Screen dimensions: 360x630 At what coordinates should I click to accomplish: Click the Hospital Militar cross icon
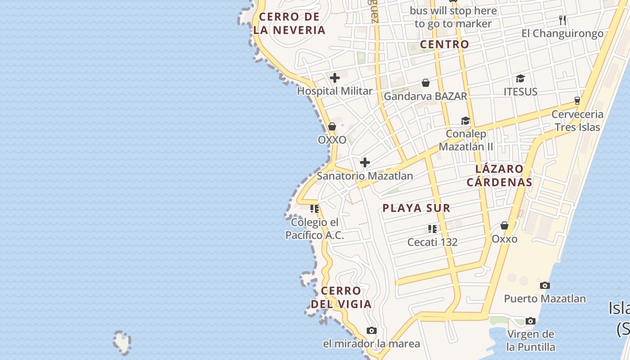pos(334,78)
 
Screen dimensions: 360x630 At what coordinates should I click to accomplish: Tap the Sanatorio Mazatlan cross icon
pos(365,162)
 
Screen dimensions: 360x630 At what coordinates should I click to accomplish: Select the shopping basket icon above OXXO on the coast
pos(332,126)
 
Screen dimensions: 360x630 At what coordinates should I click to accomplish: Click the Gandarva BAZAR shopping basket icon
pos(425,83)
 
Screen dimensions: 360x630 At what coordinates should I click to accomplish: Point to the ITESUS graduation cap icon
pos(520,79)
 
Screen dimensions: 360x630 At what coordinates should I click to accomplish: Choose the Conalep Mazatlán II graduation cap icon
pos(465,121)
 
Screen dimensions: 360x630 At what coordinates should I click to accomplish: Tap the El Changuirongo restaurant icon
pos(562,20)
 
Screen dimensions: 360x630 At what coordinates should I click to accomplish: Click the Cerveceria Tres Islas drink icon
pos(577,100)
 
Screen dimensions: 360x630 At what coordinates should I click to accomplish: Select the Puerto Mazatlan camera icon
pos(544,285)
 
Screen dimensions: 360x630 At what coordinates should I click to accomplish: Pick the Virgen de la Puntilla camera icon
pos(531,321)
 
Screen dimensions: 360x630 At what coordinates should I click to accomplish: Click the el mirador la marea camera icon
pos(371,331)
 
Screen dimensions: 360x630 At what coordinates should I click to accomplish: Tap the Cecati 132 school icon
pos(432,229)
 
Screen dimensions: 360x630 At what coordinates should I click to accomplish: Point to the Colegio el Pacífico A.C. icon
pos(315,209)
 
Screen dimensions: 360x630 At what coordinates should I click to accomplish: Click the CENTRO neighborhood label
pos(444,45)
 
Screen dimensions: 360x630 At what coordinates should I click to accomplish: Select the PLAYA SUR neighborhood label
pos(416,208)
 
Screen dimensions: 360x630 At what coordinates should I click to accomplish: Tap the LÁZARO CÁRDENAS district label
pos(499,175)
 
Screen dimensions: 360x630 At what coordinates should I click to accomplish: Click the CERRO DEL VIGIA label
pos(341,297)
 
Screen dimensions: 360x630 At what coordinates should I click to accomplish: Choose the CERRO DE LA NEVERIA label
pos(289,23)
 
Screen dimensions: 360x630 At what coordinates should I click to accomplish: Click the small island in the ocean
pos(122,342)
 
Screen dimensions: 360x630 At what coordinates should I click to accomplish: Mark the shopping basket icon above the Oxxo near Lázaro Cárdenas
pos(504,225)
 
